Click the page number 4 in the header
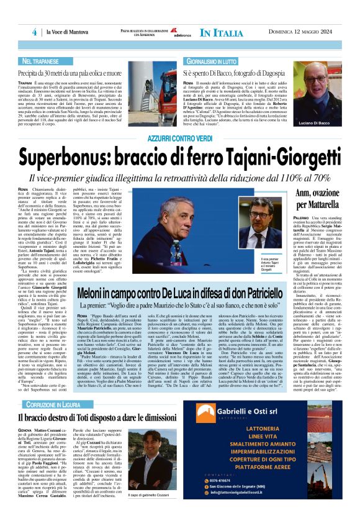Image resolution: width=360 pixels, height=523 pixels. point(35,32)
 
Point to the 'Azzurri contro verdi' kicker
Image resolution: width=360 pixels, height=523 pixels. point(180,137)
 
